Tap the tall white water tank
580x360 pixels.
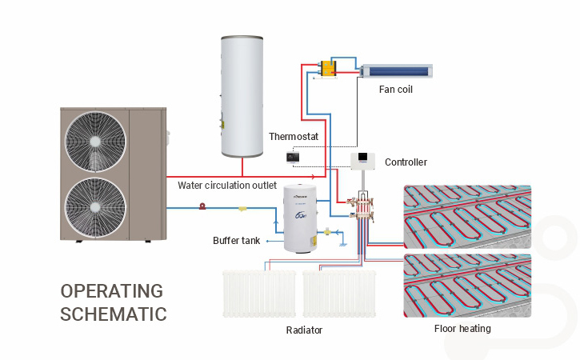coord(243,96)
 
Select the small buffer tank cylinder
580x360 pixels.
coord(301,217)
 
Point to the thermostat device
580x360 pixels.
coord(293,158)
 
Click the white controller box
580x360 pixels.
coord(364,160)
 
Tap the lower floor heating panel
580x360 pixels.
coord(468,284)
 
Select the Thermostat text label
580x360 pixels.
coord(294,137)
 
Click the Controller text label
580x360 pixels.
coord(406,162)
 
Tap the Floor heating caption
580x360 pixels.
coord(462,328)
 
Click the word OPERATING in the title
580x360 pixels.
coord(111,290)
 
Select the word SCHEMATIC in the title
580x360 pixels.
coord(114,314)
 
